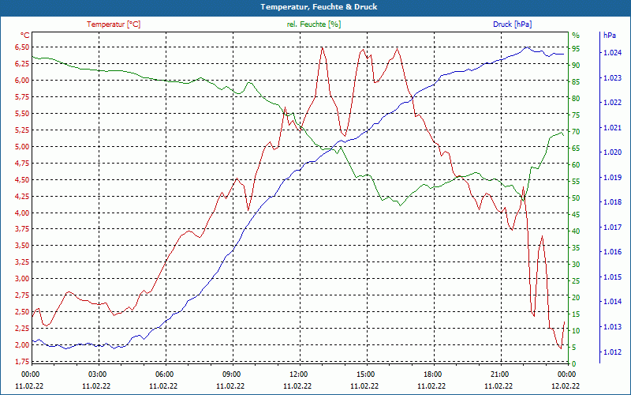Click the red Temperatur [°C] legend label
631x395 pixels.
114,24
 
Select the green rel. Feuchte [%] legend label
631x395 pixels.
314,24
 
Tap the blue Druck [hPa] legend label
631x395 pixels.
512,24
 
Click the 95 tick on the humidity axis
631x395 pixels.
576,47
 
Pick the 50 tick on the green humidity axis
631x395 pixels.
576,197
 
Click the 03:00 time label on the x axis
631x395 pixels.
98,374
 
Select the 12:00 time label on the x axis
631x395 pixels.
299,374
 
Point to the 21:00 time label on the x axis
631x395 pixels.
499,374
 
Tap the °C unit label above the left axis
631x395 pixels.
24,35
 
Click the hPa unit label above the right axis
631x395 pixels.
609,36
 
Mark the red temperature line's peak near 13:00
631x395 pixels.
323,47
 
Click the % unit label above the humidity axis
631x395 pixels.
576,35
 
